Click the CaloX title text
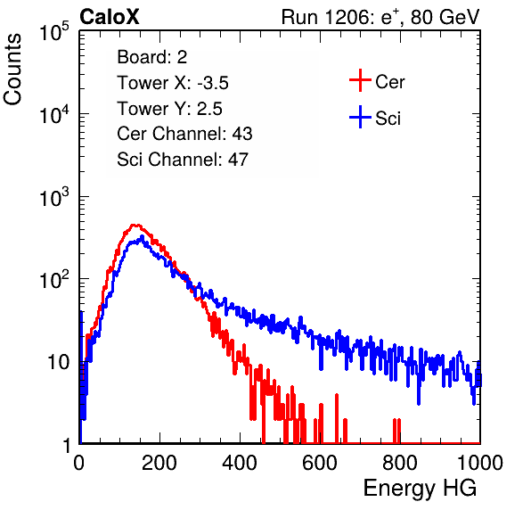pos(110,17)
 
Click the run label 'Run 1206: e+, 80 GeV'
pos(380,17)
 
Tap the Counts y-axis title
pos(12,70)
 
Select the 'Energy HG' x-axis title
pos(420,489)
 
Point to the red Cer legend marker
pos(360,80)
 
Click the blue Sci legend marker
pos(360,117)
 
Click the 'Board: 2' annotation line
pos(152,57)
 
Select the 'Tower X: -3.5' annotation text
pos(173,83)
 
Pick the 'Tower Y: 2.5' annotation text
pos(169,109)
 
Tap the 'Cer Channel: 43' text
pos(184,134)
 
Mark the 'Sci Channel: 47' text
pos(183,160)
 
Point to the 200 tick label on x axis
pos(159,463)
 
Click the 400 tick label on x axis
pos(240,463)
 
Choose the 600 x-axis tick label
pos(320,463)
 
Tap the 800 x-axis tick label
pos(400,463)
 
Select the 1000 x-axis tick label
pos(480,463)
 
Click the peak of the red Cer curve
pos(135,225)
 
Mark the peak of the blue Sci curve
pos(143,236)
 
